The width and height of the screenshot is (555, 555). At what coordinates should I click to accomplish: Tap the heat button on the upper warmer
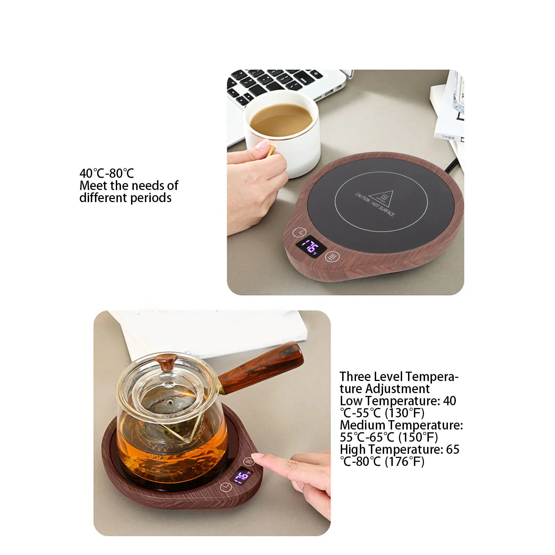pos(332,257)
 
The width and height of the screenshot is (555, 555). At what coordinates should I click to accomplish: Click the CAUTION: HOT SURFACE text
pos(375,205)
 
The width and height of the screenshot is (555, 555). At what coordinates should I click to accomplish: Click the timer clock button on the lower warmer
pos(226,487)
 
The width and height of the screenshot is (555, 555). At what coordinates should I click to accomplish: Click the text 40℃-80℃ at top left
pos(106,173)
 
